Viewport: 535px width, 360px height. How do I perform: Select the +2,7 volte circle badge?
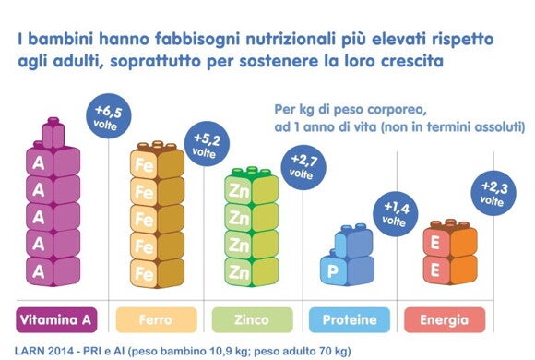pyautogui.click(x=305, y=167)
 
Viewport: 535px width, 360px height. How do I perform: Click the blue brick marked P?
pyautogui.click(x=333, y=271)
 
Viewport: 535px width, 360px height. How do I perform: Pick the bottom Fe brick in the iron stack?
pyautogui.click(x=146, y=272)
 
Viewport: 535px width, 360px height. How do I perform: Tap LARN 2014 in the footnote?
pyautogui.click(x=45, y=350)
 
